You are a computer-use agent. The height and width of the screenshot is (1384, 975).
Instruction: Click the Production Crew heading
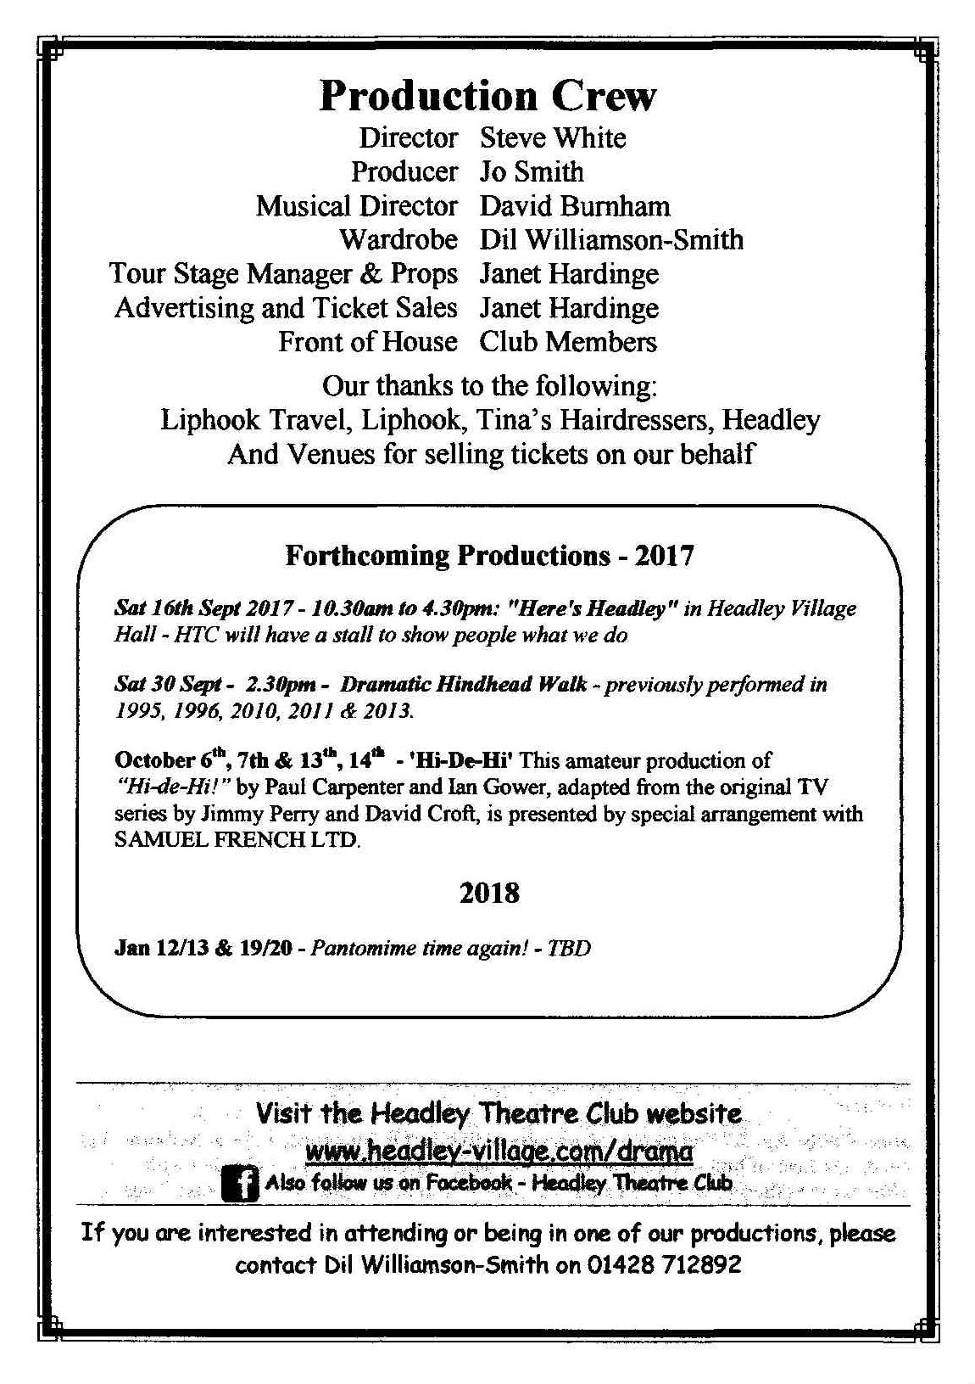coord(487,96)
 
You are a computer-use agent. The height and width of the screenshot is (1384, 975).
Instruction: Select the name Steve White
coord(553,138)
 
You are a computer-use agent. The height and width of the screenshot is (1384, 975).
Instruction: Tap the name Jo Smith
coord(532,172)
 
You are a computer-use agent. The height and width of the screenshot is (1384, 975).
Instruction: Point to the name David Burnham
coord(575,206)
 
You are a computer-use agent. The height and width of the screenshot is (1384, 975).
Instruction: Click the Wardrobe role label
coord(398,240)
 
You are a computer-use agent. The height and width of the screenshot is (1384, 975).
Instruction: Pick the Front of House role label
coord(368,342)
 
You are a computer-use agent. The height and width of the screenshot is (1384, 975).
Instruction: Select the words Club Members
coord(568,342)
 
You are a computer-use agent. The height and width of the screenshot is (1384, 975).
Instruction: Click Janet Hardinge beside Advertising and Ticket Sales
coord(569,308)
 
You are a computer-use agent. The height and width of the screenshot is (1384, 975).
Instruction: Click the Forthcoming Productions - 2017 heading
coord(489,556)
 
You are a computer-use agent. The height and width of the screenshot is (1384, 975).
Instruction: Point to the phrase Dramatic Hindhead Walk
coord(463,684)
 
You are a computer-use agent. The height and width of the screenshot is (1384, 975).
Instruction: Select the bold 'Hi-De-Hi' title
coord(467,759)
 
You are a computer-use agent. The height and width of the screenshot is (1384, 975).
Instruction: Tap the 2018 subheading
coord(489,893)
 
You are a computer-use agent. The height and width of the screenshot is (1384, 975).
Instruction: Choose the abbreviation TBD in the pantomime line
coord(569,948)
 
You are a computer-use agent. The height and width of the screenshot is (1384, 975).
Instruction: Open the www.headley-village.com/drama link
coord(499,1151)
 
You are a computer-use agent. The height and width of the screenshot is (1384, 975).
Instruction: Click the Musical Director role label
coord(357,206)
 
